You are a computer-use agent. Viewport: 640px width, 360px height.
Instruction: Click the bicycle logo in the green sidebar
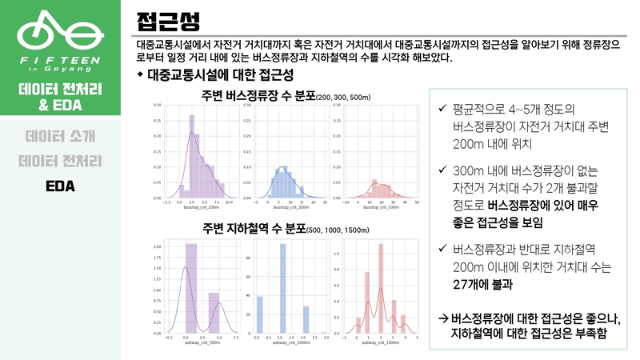pos(60,31)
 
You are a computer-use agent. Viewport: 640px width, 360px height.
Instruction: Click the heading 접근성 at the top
pos(163,18)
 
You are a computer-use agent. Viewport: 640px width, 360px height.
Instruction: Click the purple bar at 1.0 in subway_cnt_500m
pos(214,312)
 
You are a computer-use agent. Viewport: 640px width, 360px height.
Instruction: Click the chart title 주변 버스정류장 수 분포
pos(259,97)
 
